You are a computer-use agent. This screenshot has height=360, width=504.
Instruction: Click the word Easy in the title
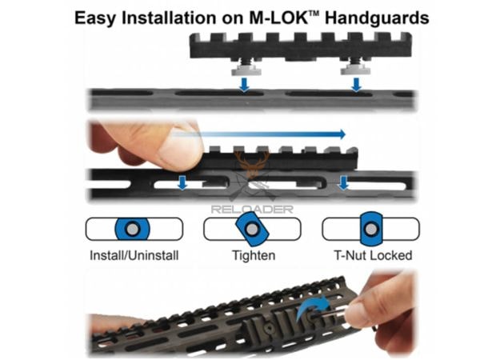point(95,18)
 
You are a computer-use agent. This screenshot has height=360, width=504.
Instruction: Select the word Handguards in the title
point(377,18)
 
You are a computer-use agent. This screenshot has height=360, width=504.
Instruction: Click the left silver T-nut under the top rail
point(246,70)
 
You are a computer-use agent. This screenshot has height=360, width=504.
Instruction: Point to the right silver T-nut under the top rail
point(355,70)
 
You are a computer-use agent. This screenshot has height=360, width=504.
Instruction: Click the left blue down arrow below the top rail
point(245,85)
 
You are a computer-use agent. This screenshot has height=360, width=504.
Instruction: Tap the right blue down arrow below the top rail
point(356,85)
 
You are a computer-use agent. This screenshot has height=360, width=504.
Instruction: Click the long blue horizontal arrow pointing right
point(258,134)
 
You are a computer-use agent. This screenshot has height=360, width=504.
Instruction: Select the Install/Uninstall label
point(134,256)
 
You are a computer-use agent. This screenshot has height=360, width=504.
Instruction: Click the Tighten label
point(254,256)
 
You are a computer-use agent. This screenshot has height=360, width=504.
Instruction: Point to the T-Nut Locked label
point(373,255)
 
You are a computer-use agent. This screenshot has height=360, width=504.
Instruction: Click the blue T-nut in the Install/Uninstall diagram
point(133,229)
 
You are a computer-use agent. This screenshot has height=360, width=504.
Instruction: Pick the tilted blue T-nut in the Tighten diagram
point(252,229)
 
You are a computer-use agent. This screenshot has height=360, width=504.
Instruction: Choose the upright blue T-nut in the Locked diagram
point(371,229)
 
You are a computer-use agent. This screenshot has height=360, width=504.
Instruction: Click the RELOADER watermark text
point(252,210)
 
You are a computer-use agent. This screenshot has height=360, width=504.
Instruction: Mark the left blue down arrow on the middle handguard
point(182,182)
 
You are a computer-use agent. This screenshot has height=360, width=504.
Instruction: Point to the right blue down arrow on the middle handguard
point(344,182)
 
